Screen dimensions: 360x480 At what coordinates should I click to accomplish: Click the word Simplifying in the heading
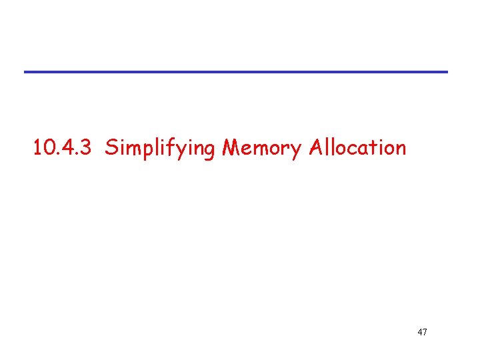(x=160, y=147)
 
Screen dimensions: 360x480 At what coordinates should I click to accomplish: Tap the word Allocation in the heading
(x=357, y=147)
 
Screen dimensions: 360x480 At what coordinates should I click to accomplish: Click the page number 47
(x=422, y=331)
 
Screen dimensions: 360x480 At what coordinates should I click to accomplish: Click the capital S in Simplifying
(x=111, y=147)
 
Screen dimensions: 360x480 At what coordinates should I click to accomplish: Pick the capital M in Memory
(x=231, y=147)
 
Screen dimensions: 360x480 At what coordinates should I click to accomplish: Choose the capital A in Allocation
(x=317, y=147)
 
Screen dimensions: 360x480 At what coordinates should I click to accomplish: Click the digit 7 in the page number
(x=425, y=331)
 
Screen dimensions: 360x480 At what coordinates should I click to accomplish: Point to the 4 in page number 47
(x=419, y=331)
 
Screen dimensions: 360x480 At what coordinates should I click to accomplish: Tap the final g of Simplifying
(x=207, y=149)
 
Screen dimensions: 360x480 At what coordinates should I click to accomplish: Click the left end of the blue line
(x=26, y=71)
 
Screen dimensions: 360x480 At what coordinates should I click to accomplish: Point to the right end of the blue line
(x=447, y=71)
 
